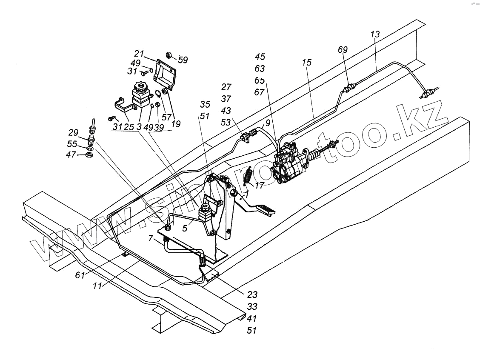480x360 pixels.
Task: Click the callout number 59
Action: [183, 60]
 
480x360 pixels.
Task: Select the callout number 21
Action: [139, 54]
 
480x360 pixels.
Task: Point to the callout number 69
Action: [343, 49]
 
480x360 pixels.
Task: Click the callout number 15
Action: [307, 62]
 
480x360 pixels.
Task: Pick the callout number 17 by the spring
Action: [260, 186]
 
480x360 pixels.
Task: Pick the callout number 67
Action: [260, 92]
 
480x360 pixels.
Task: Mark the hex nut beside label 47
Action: [90, 155]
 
